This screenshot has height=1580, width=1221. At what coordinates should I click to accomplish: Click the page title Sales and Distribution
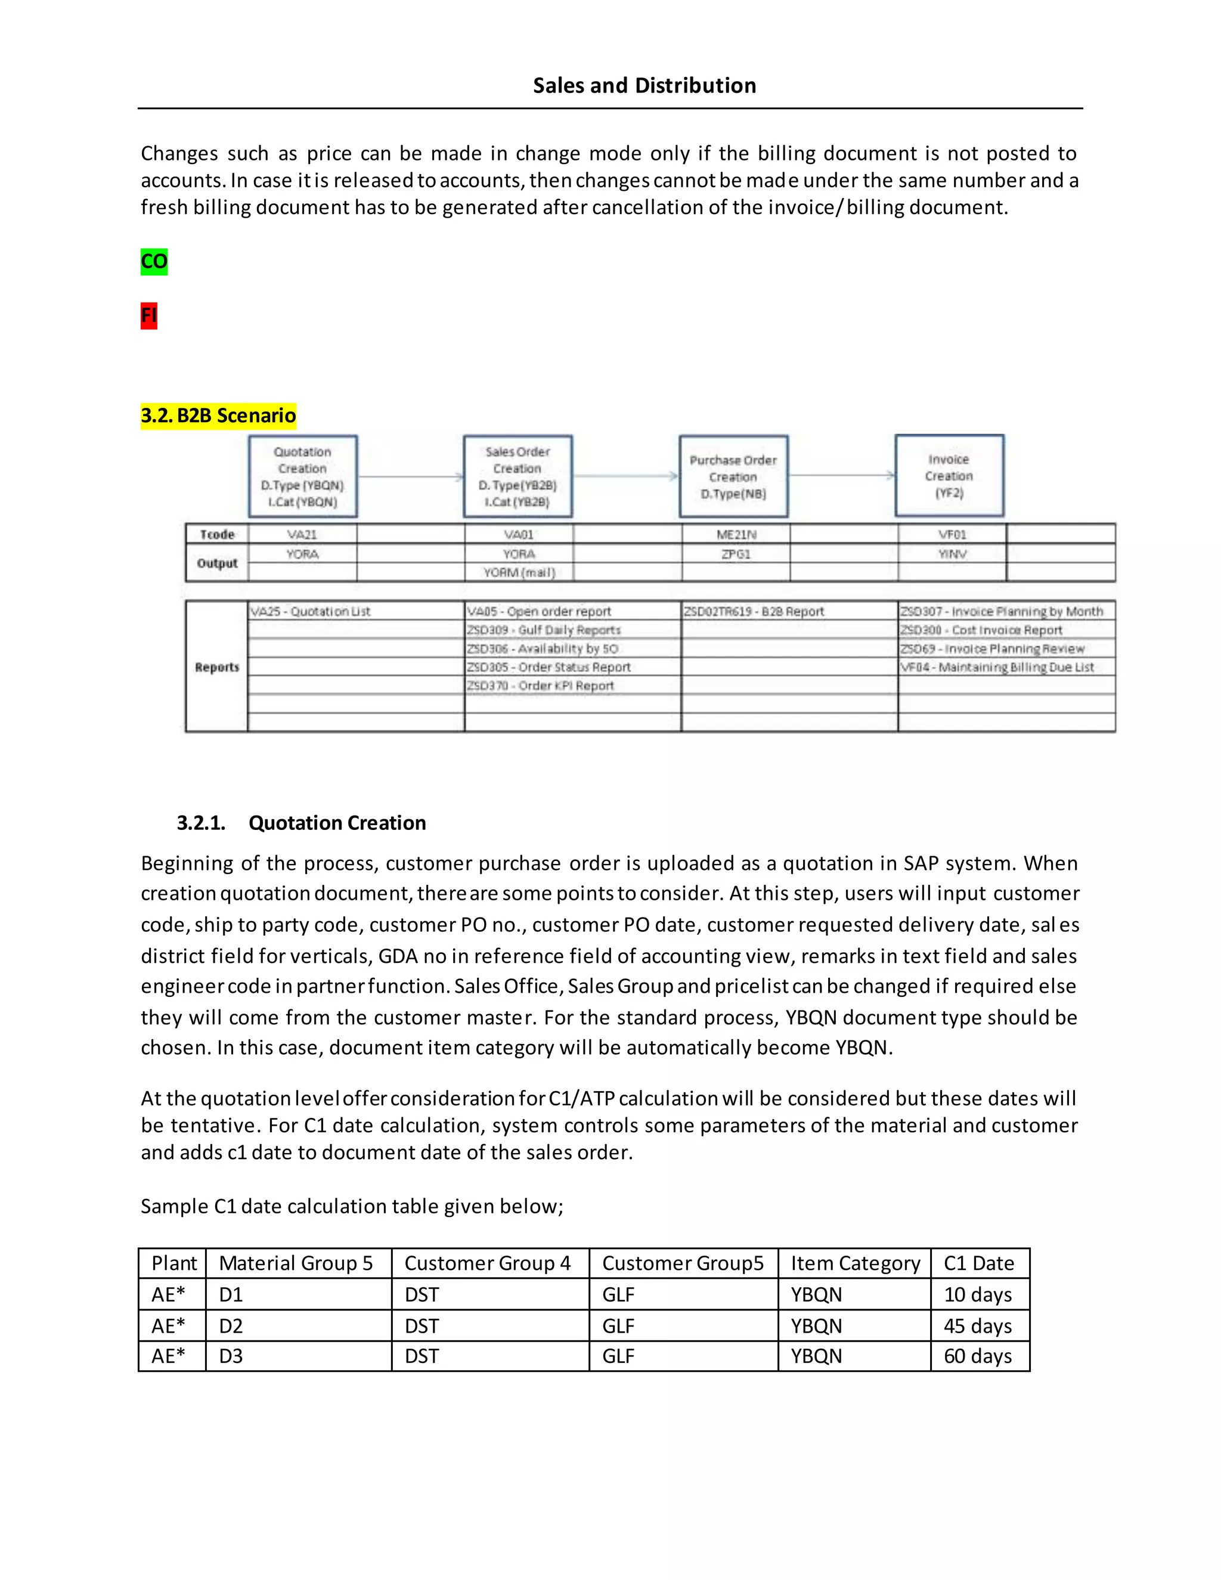point(644,85)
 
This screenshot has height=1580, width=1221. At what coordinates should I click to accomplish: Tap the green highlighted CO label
point(153,261)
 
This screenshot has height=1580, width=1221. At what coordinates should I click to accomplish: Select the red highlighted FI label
point(148,315)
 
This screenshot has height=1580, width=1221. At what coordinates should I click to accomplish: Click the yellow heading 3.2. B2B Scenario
point(218,415)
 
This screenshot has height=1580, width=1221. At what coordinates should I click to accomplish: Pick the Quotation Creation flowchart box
point(302,476)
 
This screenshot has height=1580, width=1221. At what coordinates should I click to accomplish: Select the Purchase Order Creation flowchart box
point(733,476)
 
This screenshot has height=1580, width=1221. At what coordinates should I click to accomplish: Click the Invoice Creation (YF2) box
point(949,475)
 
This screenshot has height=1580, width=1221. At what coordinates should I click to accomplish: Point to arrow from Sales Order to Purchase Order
point(625,476)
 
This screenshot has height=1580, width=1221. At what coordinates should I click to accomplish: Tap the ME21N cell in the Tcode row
point(736,535)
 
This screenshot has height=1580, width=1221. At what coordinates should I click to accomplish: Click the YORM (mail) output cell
point(519,572)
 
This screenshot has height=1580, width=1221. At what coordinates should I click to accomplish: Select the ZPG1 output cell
point(736,554)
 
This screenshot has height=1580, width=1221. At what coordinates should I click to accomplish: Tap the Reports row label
point(216,667)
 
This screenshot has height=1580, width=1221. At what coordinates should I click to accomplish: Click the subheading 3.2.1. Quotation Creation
point(302,823)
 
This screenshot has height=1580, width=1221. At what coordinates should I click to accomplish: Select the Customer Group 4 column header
point(488,1263)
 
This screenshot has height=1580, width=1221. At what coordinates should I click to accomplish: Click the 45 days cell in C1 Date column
point(977,1325)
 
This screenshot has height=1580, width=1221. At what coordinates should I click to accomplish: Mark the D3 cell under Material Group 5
point(231,1356)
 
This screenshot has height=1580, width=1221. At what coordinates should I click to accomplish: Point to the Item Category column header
point(855,1263)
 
